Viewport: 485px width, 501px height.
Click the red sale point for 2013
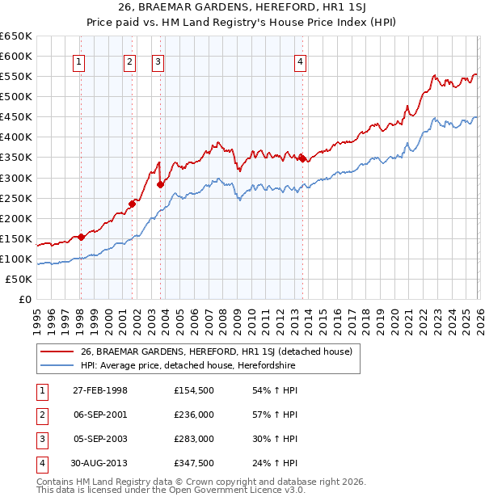pos(302,158)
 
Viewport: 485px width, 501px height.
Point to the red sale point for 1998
pos(82,237)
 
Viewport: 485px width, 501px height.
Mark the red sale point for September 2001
pos(132,204)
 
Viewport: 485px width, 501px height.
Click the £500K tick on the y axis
pos(16,97)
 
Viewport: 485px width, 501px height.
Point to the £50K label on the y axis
pos(19,279)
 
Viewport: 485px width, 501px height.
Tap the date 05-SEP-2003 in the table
pos(100,439)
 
